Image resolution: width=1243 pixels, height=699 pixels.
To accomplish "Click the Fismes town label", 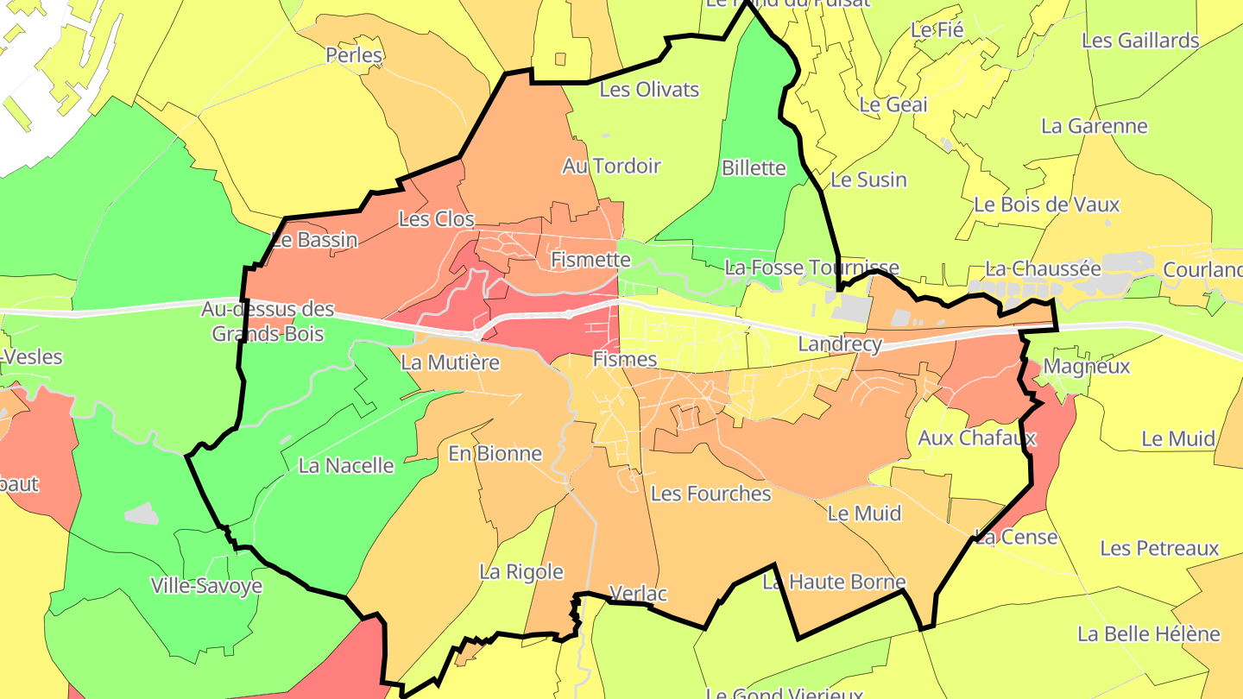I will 625,359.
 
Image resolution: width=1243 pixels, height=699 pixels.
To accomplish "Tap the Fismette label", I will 591,259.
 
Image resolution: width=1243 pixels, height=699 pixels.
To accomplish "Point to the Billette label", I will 754,167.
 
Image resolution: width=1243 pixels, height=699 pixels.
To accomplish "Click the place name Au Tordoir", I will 611,166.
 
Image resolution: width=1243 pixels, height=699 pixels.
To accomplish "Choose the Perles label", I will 354,55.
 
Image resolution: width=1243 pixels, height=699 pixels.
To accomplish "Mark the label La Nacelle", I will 345,466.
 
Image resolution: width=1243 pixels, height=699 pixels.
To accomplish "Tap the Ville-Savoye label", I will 206,586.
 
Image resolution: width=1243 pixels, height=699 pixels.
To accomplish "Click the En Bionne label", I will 495,453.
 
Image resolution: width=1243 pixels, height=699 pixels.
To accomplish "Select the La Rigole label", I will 521,571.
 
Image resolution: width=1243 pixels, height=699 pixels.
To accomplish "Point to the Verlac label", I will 639,593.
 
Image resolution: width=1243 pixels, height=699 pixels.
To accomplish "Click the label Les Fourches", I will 710,494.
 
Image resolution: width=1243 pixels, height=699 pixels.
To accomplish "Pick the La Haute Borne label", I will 834,582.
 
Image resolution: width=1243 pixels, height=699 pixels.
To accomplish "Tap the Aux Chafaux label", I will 976,438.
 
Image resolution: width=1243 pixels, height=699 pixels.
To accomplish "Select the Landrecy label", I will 840,344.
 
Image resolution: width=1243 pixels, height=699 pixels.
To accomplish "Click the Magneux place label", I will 1087,366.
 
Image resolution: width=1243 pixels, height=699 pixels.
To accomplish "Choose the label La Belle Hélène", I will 1148,633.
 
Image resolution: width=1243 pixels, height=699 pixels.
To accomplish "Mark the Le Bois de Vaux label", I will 1046,205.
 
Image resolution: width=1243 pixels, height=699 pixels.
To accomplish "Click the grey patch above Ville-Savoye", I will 142,513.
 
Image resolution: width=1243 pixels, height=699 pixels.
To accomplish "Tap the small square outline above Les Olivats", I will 560,60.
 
